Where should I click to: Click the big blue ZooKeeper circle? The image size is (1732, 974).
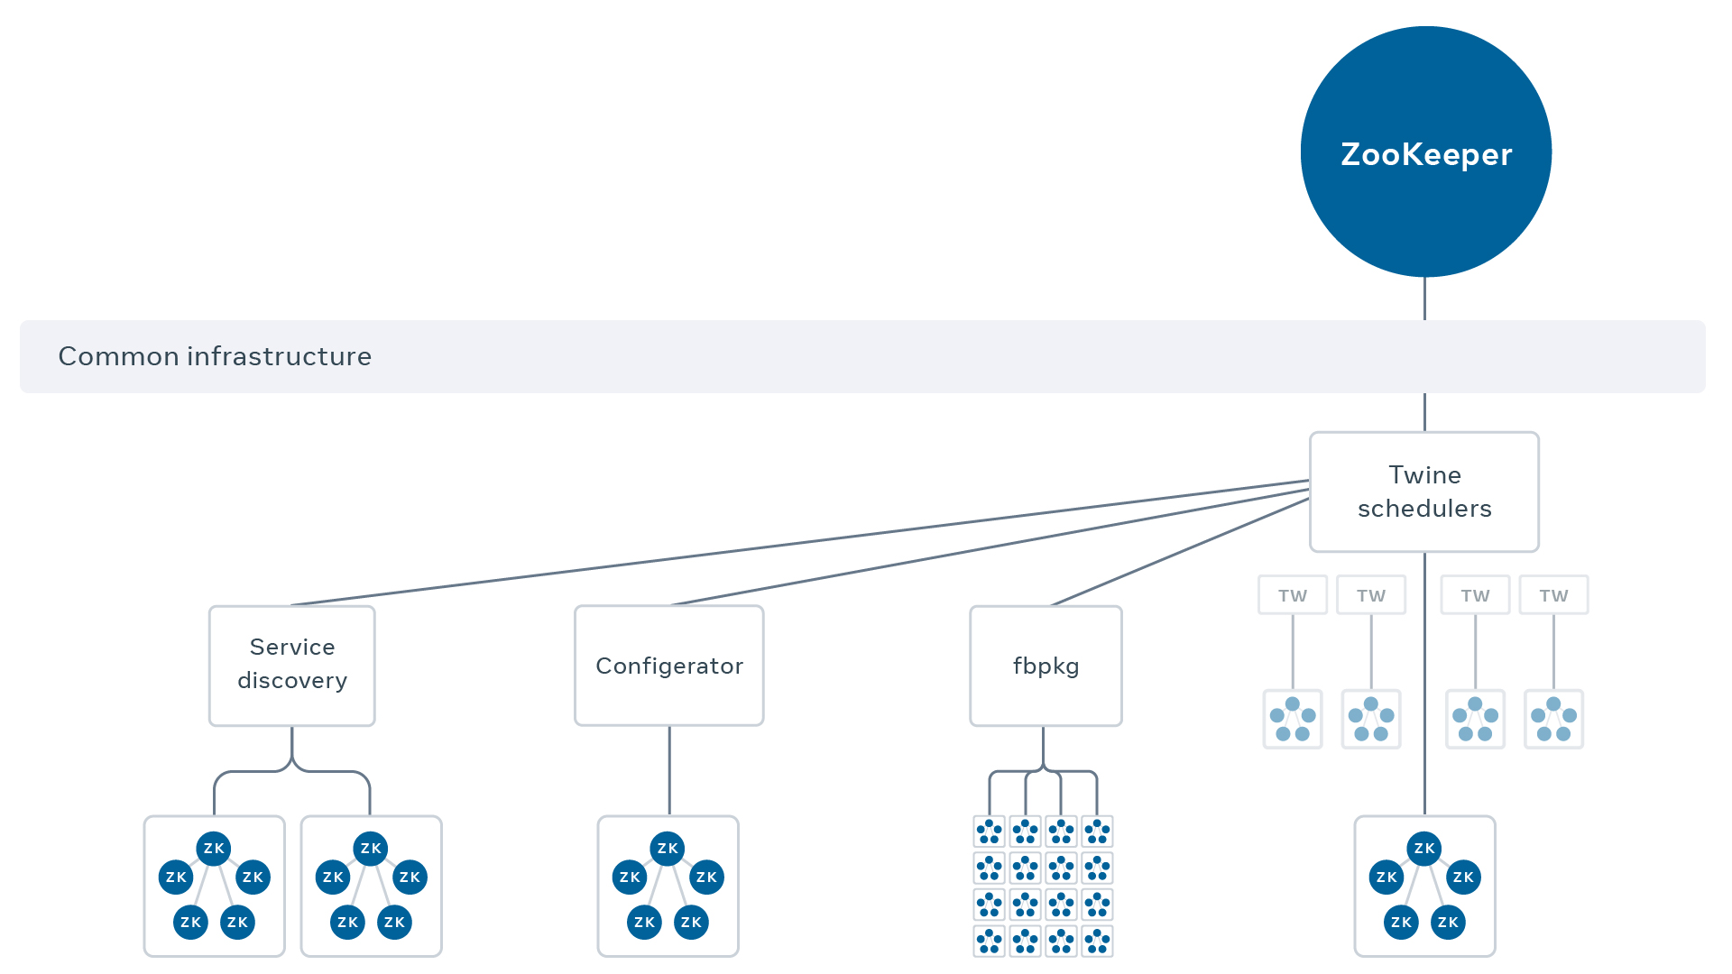[1425, 152]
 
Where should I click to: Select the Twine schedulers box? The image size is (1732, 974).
[1423, 492]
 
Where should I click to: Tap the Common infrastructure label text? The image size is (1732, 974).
[215, 356]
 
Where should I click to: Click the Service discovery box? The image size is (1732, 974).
[291, 665]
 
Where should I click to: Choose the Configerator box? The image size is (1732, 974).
[668, 666]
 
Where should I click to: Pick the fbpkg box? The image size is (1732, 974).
[1046, 666]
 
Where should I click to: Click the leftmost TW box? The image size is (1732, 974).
[1292, 595]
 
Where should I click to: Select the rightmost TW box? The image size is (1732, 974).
[1553, 595]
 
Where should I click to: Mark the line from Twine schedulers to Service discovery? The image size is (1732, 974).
[803, 542]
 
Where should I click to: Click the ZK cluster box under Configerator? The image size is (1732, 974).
[668, 886]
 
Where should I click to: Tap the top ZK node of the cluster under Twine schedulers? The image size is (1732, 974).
[1423, 848]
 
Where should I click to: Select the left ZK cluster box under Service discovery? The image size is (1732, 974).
[214, 886]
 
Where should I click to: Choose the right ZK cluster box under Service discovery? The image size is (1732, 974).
[371, 886]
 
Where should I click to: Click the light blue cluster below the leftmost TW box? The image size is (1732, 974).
[1292, 719]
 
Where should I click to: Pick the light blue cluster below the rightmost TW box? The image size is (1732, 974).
[1553, 719]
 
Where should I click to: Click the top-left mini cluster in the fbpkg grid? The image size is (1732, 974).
[990, 831]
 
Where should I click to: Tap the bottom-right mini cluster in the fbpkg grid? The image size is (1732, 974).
[1097, 941]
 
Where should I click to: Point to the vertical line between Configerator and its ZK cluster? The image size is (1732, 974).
[669, 770]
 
